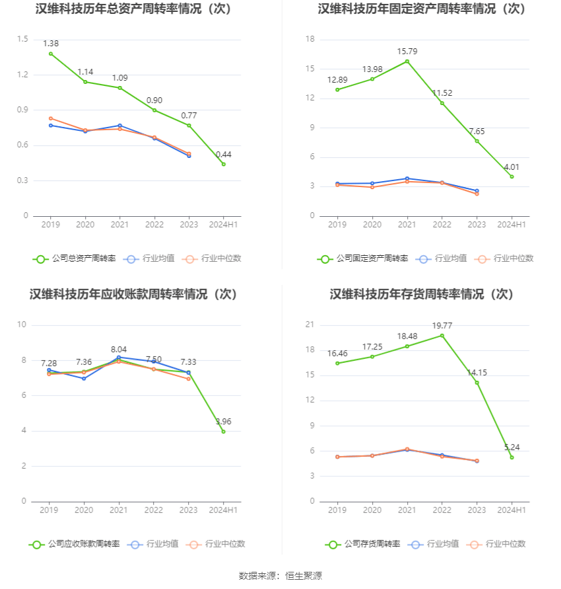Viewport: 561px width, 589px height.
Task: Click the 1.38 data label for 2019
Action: tap(51, 43)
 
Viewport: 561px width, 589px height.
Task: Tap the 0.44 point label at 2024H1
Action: tap(224, 155)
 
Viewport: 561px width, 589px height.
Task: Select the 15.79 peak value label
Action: tap(407, 51)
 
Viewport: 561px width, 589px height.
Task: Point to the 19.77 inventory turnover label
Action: tap(442, 325)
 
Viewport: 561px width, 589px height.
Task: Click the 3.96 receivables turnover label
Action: tap(224, 422)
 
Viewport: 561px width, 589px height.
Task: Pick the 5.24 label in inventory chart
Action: tap(511, 447)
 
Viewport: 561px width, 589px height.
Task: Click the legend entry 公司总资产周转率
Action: tap(74, 258)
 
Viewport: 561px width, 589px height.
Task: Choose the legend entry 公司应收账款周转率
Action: tap(74, 544)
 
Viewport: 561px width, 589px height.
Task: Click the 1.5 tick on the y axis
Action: tap(22, 39)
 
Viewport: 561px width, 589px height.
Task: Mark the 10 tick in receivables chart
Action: tap(22, 325)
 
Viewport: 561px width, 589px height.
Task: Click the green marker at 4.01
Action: tap(511, 177)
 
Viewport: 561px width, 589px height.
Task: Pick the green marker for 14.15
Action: tap(477, 383)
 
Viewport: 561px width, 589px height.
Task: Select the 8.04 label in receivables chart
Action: tap(119, 349)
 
